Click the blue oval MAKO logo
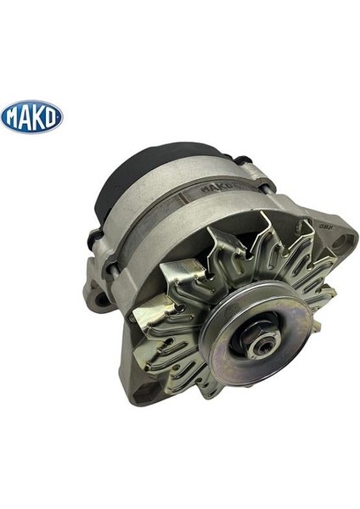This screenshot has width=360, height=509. pyautogui.click(x=31, y=115)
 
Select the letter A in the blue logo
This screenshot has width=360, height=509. pyautogui.click(x=25, y=116)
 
